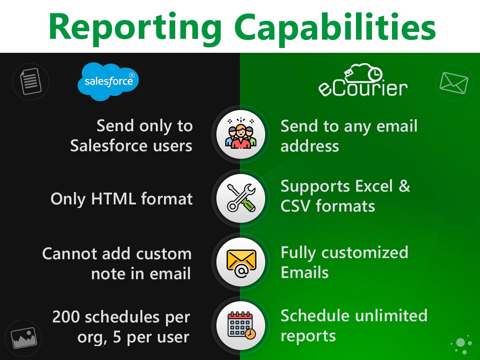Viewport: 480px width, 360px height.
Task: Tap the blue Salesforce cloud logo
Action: coord(108,81)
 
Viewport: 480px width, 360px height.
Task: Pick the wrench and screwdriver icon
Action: coord(240,198)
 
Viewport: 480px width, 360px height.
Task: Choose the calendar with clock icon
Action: coord(240,325)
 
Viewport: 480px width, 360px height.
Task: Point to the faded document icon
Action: coord(30,82)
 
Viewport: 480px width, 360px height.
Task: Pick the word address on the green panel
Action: coord(310,146)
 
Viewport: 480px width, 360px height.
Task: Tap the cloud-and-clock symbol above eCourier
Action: coord(362,72)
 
